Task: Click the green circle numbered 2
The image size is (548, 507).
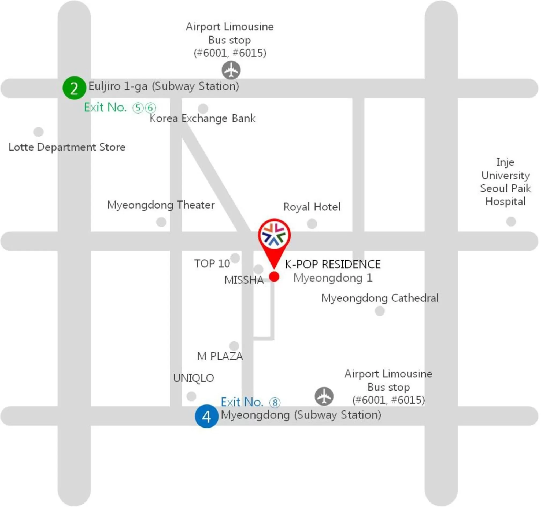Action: [x=74, y=88]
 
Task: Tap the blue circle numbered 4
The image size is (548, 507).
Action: [x=206, y=416]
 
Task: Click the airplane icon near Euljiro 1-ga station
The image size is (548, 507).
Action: [x=231, y=70]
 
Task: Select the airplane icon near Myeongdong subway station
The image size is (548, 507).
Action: [x=324, y=396]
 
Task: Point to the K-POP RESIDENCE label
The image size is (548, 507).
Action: [x=332, y=264]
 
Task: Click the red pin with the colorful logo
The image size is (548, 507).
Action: [x=274, y=236]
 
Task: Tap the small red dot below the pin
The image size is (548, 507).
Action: [x=274, y=276]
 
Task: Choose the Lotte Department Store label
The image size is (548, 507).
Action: [x=67, y=147]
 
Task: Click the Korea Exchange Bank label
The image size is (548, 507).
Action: [x=202, y=118]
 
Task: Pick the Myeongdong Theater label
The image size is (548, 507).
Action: [x=161, y=205]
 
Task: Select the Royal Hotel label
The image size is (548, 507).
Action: [x=312, y=207]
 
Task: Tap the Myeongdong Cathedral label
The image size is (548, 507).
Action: [x=379, y=298]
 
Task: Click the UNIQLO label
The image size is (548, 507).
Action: [x=194, y=378]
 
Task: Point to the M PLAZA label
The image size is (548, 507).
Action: [x=220, y=356]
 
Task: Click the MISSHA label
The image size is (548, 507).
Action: [x=244, y=280]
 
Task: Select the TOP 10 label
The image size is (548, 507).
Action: [x=212, y=263]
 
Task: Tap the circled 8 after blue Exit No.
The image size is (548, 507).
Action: [x=275, y=403]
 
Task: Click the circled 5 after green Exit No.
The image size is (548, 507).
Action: [x=138, y=108]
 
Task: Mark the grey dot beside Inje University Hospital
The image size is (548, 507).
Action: [x=511, y=221]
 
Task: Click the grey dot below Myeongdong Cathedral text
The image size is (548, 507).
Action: [x=379, y=311]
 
